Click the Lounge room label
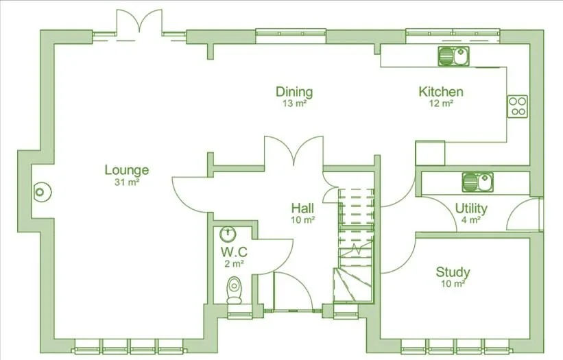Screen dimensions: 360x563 point(127,170)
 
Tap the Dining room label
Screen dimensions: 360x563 point(294,92)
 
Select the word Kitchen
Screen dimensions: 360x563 point(441,92)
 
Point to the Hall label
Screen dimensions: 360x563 point(302,208)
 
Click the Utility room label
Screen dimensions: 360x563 point(471,208)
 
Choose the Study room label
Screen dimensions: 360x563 point(453,272)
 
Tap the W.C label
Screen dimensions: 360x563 point(233,252)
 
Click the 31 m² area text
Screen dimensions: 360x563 point(127,182)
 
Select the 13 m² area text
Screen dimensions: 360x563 point(294,104)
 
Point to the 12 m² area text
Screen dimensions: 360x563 point(441,104)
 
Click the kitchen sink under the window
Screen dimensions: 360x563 point(453,56)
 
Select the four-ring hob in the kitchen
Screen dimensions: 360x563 point(518,106)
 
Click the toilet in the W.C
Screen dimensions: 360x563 point(234,287)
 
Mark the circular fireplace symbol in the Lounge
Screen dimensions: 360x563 point(42,192)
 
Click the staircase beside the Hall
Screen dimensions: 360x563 point(355,240)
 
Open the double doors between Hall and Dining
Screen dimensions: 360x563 point(294,152)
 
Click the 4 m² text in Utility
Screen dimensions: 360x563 point(471,220)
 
